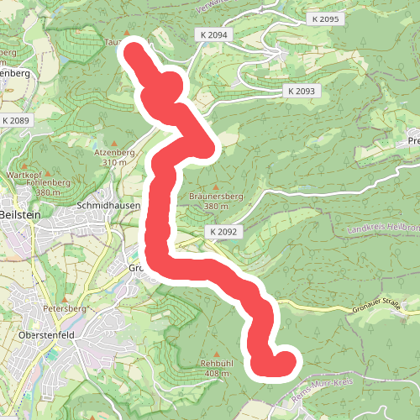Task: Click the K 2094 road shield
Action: (x=215, y=34)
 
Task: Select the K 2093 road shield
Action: (x=300, y=91)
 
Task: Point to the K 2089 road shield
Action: (x=16, y=121)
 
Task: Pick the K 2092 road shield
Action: (x=223, y=231)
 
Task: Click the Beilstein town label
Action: (x=18, y=215)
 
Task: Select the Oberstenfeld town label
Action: (x=47, y=334)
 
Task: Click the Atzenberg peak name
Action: (x=113, y=152)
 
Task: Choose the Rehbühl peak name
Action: (x=216, y=363)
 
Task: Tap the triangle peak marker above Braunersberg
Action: (x=216, y=186)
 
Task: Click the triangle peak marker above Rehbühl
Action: (x=216, y=353)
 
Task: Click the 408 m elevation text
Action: (x=216, y=373)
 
